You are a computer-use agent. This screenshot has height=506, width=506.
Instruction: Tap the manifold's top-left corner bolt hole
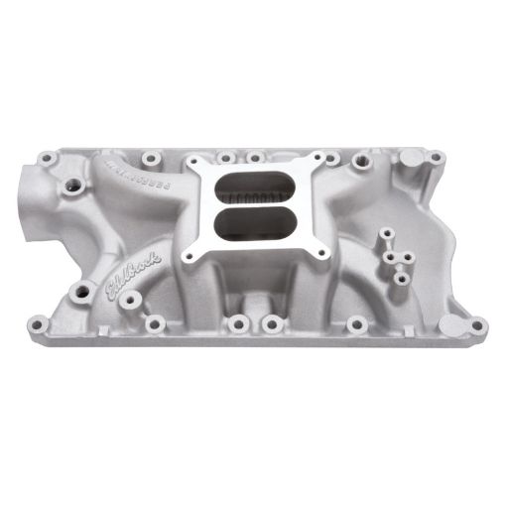47,156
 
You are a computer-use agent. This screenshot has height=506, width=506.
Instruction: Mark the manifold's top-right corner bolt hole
436,156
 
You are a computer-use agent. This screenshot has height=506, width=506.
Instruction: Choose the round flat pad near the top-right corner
409,158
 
